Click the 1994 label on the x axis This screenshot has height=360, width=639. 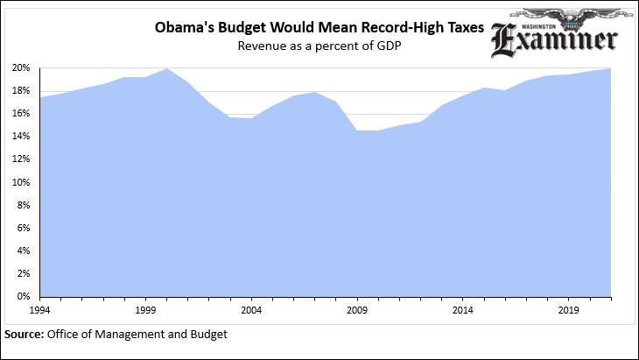[x=40, y=310]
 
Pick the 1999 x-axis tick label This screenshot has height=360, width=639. [x=145, y=310]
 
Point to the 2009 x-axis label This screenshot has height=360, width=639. [x=357, y=310]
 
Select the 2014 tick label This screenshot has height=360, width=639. [x=463, y=310]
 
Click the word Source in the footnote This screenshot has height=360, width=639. [x=25, y=334]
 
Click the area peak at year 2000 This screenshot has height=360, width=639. [x=167, y=68]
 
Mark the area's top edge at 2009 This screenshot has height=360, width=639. [x=357, y=131]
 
